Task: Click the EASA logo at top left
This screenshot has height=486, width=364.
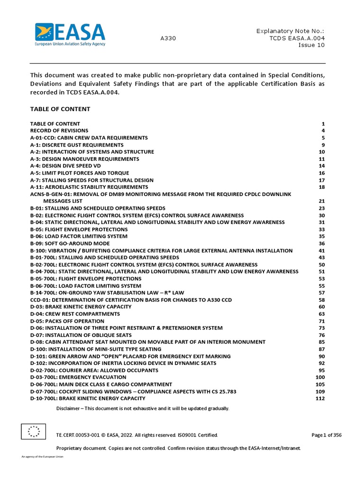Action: pos(70,35)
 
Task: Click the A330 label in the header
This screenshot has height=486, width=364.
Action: pos(168,38)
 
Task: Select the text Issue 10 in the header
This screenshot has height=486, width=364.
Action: pos(311,46)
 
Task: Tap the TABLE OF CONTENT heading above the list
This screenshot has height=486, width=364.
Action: pos(60,109)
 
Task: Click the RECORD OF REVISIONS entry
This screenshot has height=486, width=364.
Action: pos(59,131)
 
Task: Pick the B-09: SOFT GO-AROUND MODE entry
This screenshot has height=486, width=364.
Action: pos(70,243)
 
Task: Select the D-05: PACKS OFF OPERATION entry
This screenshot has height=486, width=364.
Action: pos(67,321)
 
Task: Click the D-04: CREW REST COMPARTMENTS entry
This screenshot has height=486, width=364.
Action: pos(75,314)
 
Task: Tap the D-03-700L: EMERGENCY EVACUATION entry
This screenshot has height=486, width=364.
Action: pos(78,377)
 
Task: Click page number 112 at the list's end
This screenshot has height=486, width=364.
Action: pos(320,398)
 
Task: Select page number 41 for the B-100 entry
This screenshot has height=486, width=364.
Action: pos(321,251)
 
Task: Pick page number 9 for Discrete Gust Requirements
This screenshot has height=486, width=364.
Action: pos(323,145)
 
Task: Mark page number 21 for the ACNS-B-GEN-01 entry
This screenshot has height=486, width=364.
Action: pos(321,201)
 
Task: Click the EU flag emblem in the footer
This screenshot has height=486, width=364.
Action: pos(33,431)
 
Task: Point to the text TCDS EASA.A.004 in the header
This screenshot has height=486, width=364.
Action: pos(297,38)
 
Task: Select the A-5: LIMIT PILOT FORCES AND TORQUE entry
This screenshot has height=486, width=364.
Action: pos(80,173)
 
